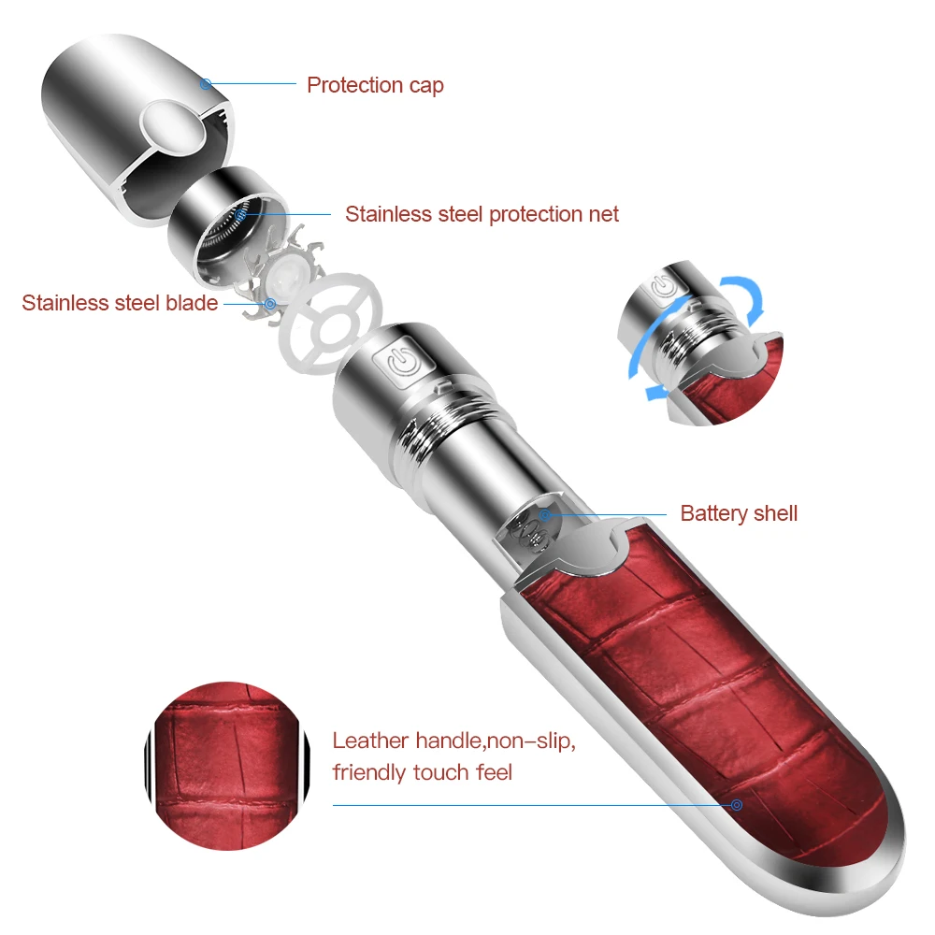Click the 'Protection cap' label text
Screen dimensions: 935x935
(375, 85)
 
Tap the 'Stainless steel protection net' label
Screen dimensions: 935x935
(482, 214)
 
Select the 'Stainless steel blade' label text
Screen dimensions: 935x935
(120, 303)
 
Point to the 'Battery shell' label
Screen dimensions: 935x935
(739, 513)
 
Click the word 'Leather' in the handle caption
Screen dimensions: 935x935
(370, 741)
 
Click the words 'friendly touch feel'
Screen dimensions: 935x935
(422, 773)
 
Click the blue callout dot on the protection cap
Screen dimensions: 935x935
(206, 84)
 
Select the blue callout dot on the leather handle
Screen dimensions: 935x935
(738, 804)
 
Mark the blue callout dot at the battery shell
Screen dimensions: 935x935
(544, 513)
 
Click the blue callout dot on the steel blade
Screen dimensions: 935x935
(270, 303)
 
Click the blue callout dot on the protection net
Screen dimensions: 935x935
(240, 214)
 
